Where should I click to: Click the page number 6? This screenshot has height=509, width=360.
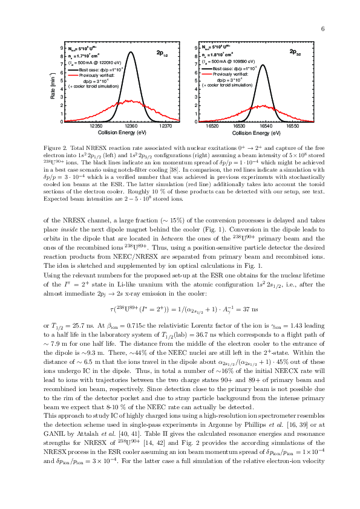coord(324,29)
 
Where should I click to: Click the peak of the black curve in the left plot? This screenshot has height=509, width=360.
coord(131,53)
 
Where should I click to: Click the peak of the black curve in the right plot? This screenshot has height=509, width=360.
coord(263,65)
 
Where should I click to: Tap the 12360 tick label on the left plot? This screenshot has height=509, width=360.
coord(131,126)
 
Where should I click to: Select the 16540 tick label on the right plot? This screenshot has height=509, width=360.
coord(266,126)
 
